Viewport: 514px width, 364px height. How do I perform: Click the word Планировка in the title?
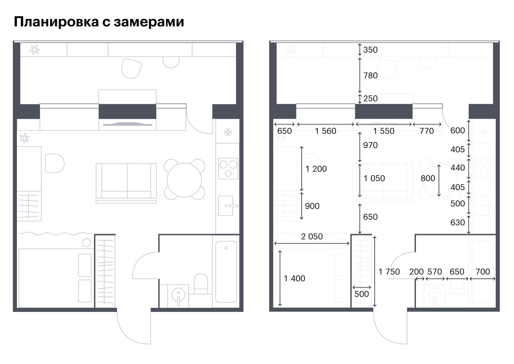[56, 22]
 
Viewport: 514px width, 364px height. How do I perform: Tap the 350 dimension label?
[370, 50]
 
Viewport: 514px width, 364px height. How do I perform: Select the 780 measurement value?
[370, 75]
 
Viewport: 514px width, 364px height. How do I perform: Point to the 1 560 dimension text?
[325, 131]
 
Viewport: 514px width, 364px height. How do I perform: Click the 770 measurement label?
[426, 131]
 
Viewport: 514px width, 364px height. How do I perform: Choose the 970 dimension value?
[370, 145]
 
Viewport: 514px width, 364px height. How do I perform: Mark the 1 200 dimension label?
[316, 169]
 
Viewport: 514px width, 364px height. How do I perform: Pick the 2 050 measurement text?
[312, 236]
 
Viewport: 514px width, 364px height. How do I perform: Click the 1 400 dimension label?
[295, 279]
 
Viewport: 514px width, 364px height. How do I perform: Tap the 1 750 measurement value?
[389, 272]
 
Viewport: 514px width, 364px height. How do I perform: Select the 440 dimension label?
[458, 168]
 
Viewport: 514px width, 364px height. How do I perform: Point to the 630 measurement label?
[458, 222]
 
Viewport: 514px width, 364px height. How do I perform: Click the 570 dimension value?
[435, 272]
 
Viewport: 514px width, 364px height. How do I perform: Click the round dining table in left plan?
[184, 180]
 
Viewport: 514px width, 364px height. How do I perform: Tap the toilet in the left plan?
[201, 284]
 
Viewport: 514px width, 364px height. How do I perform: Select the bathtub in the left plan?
[226, 272]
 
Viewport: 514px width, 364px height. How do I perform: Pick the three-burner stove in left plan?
[228, 168]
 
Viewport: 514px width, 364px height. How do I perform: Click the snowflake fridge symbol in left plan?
[228, 132]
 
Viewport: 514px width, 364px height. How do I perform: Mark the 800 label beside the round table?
[428, 178]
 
